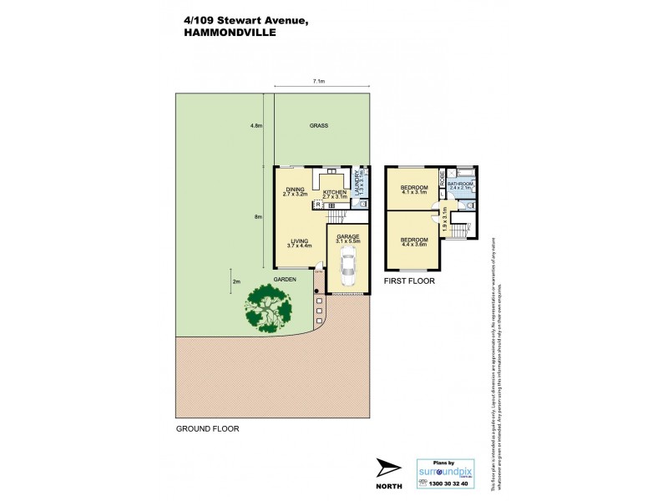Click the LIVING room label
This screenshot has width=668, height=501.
[x=299, y=242]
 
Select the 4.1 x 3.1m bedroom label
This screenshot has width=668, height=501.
[x=414, y=189]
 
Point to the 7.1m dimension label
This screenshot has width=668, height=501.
[x=318, y=82]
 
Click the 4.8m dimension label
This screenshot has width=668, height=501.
[x=256, y=126]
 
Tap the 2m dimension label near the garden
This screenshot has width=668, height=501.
[x=236, y=281]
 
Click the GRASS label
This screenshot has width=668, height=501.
[x=318, y=126]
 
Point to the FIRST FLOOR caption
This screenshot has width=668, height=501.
[x=409, y=281]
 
